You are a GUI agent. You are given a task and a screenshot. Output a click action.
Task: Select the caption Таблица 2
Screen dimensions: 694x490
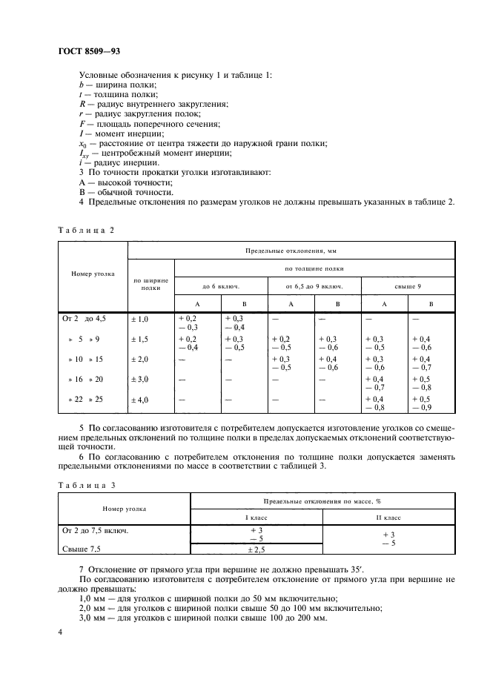tap(86, 230)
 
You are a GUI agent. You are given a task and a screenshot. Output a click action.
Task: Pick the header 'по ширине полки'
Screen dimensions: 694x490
tap(150, 285)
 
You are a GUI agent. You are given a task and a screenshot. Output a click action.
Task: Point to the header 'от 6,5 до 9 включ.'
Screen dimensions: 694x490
tap(314, 285)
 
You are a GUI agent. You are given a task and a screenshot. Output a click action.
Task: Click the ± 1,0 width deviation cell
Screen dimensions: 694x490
tap(140, 318)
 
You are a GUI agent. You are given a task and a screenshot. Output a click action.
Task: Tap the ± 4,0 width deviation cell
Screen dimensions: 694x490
tap(140, 400)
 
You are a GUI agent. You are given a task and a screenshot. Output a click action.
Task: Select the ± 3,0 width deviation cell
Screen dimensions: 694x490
tap(140, 380)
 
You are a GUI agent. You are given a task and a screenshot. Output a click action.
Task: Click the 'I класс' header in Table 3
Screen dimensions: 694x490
tap(257, 517)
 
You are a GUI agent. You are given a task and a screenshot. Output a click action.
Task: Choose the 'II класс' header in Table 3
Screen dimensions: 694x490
tap(388, 517)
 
